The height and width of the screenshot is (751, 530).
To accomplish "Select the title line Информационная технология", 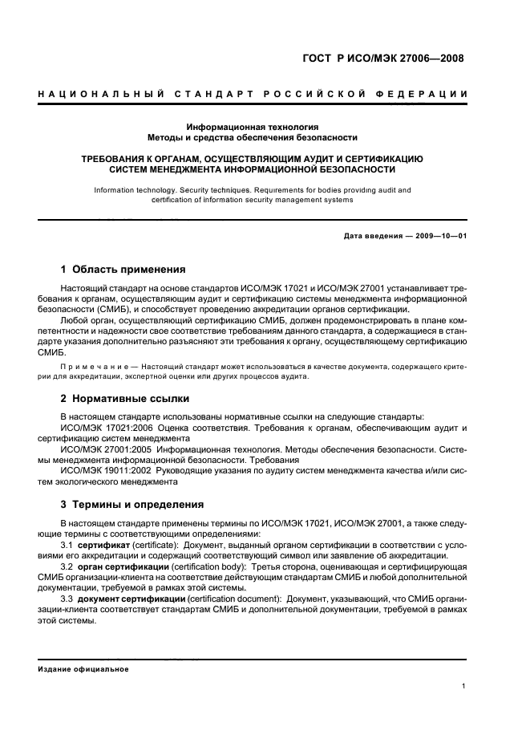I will click(x=253, y=127).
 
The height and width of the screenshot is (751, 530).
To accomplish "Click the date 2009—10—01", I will click(x=439, y=236).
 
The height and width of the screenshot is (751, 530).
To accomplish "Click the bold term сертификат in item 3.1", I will click(x=100, y=546).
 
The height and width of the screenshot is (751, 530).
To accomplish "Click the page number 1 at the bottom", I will click(x=464, y=685).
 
